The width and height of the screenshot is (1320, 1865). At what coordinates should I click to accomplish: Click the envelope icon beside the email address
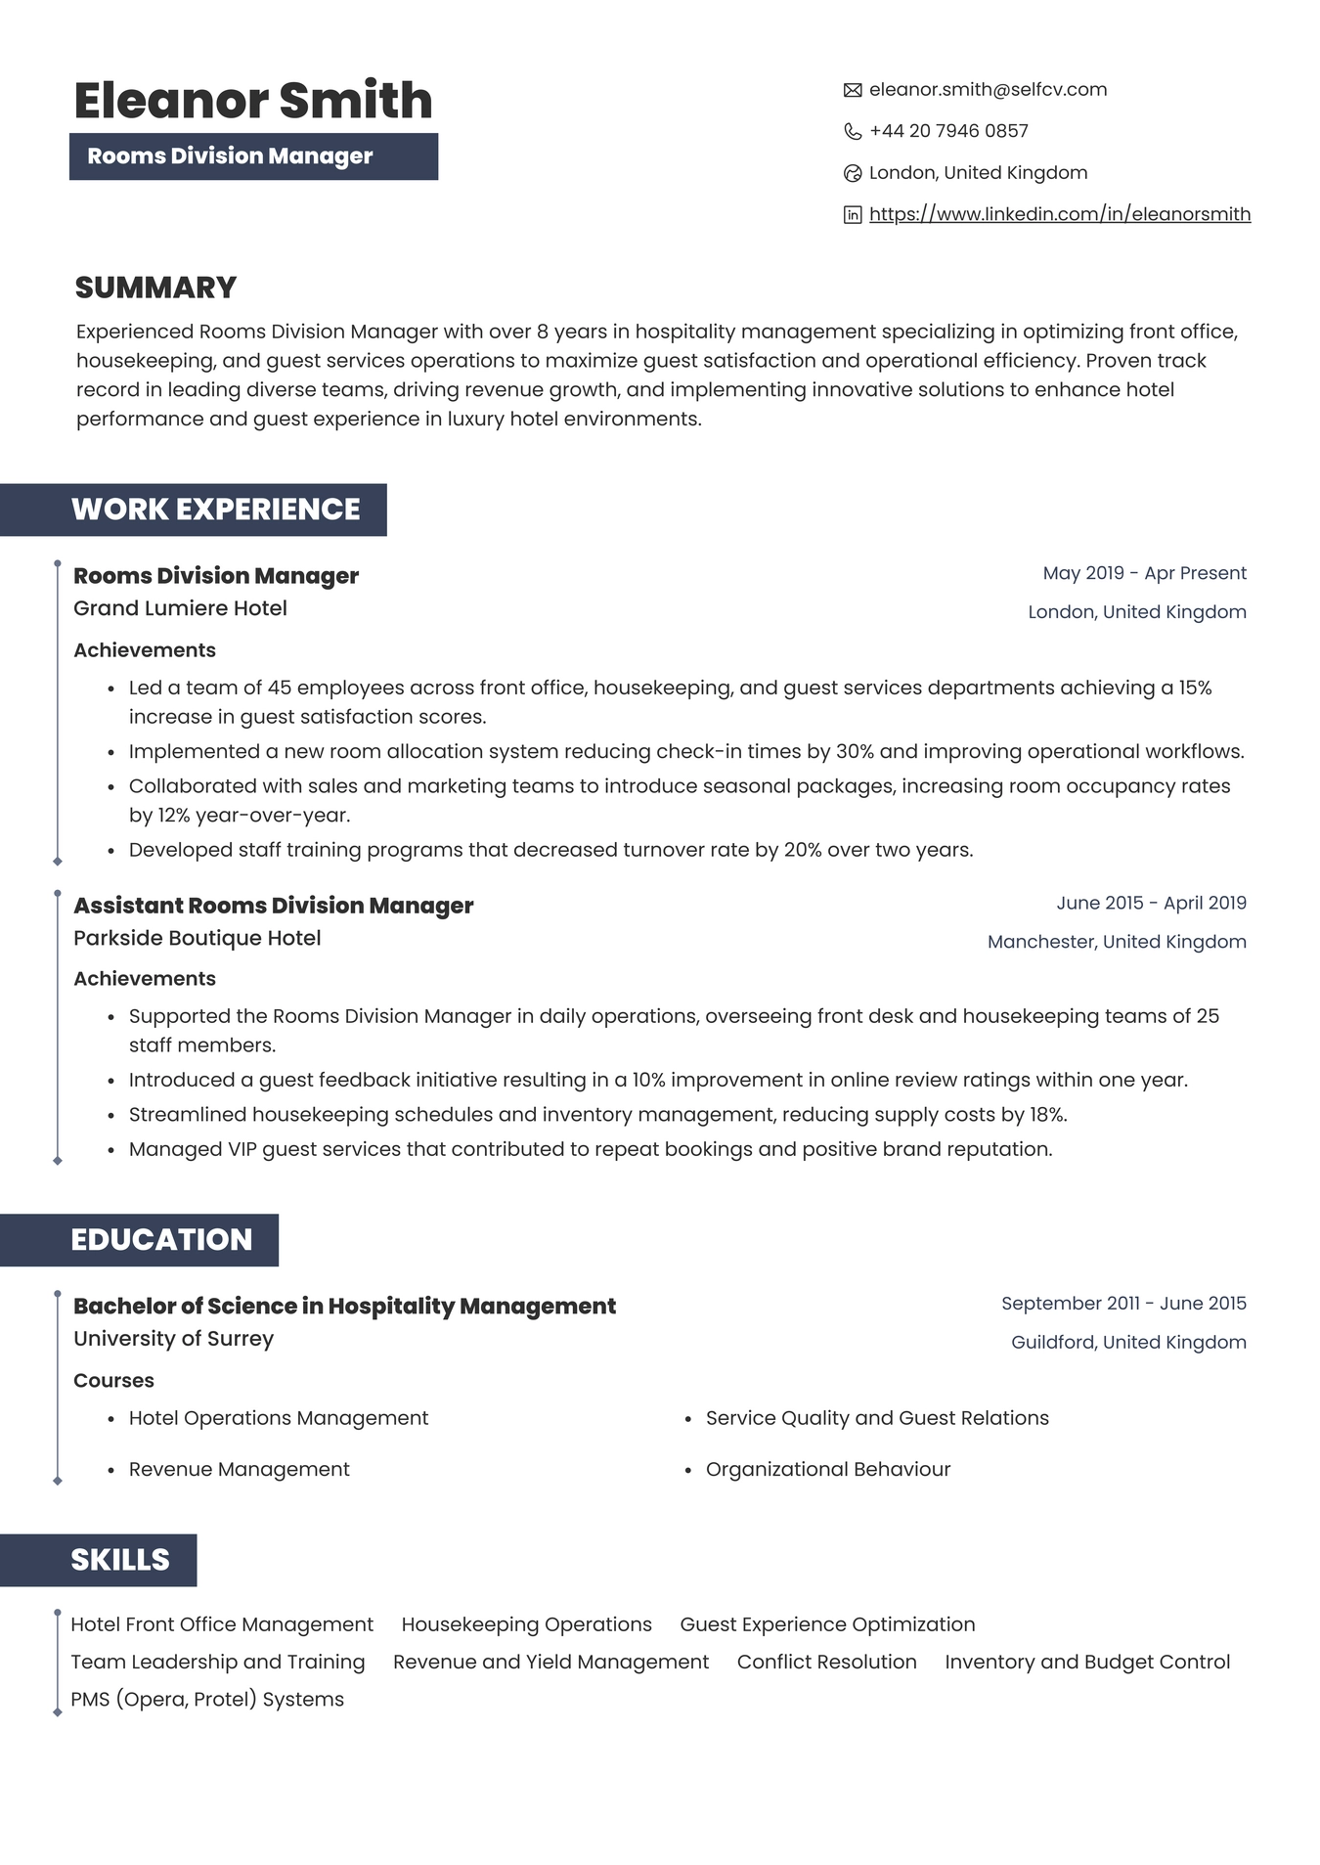coord(852,90)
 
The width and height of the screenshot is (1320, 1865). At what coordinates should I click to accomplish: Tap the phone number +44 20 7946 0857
coord(947,131)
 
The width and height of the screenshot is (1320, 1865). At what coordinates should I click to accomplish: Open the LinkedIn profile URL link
coord(1059,214)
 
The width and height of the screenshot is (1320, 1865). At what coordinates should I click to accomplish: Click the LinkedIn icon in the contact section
coord(852,215)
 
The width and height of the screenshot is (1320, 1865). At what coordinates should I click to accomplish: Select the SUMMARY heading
coord(155,288)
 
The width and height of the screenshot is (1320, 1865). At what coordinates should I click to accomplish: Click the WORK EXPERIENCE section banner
coord(214,510)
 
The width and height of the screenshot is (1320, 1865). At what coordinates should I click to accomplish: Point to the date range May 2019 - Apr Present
coord(1144,573)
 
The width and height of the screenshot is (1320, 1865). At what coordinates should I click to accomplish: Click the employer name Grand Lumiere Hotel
coord(180,608)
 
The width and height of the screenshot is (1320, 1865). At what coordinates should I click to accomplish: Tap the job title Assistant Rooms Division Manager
coord(273,906)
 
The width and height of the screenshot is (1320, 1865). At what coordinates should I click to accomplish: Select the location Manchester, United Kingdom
coord(1116,942)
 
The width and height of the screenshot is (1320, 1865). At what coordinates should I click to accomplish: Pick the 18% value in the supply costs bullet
coord(1047,1115)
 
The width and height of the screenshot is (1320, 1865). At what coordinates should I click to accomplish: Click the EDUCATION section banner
coord(160,1240)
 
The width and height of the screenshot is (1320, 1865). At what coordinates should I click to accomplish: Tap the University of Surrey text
coord(173,1339)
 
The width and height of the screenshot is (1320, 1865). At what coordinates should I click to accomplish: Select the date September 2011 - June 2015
coord(1122,1304)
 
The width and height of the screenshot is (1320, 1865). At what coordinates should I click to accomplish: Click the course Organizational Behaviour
coord(827,1470)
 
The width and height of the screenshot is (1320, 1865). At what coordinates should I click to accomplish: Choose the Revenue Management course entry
coord(239,1470)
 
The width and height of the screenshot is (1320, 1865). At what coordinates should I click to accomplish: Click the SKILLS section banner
coord(119,1560)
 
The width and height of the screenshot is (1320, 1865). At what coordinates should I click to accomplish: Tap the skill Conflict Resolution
coord(826,1663)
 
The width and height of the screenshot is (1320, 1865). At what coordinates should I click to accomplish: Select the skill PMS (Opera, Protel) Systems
coord(206,1700)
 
